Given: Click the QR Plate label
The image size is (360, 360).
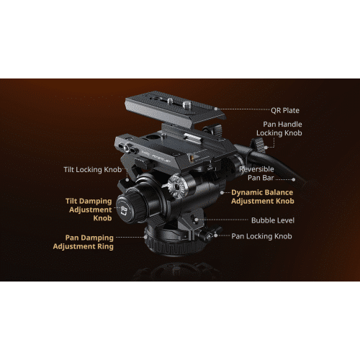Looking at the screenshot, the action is coord(285,110).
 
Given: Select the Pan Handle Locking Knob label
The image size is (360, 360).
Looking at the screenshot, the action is coord(279,129).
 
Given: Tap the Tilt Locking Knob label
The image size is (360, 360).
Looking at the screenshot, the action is coord(93,170).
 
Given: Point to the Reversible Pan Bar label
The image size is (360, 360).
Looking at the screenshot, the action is coord(256,174).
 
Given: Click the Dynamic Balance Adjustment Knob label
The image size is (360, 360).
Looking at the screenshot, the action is coord(263,197).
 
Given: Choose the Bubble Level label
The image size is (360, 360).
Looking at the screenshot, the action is coord(273,220).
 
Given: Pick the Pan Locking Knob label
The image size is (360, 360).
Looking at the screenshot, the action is coord(261,236).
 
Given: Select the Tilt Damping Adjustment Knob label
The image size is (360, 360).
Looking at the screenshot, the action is coord(89,210).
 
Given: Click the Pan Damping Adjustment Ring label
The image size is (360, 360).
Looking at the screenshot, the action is coord(84,242).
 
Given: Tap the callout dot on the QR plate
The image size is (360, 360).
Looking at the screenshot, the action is coord(216,109).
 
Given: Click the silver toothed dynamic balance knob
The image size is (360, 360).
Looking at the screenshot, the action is coord(175,186).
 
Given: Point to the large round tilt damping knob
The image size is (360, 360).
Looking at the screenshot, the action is coord(131,207).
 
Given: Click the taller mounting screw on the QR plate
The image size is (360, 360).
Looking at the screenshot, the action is coord(187,105).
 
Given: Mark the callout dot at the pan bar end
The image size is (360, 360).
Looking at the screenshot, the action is coord(294,179).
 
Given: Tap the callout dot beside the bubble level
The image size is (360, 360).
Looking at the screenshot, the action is coord(197,220).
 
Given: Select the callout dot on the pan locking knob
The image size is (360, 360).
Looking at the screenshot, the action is coord(216,235).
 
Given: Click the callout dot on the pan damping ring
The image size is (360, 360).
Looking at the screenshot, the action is coord(145,237).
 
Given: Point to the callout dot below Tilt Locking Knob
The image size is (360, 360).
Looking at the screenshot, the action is coord(127,179).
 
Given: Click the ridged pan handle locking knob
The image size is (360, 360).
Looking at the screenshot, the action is coord(258,145).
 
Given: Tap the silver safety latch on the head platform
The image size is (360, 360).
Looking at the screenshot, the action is coord(192,139).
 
